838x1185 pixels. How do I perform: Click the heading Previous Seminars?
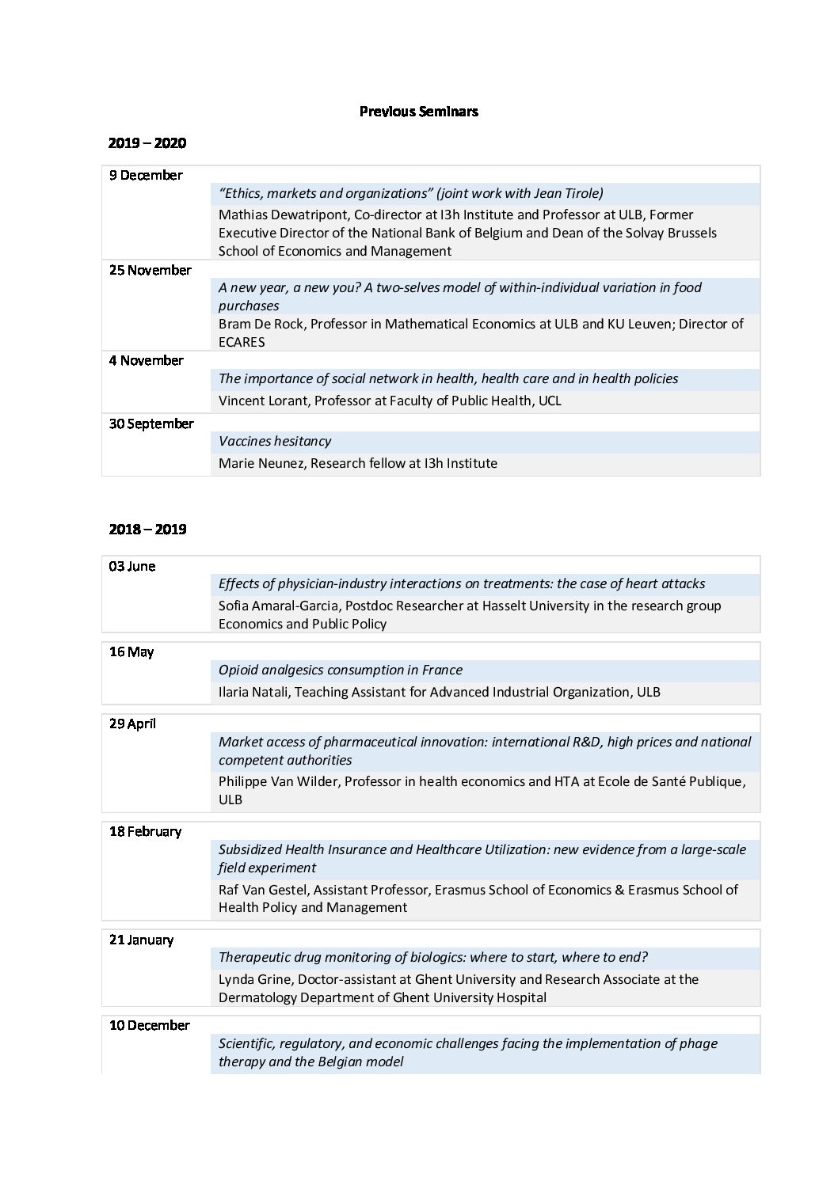[418, 112]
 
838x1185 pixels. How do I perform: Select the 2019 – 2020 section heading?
[147, 143]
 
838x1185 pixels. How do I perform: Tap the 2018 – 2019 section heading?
[147, 529]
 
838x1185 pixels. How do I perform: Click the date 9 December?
[146, 175]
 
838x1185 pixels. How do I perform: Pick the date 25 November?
[150, 270]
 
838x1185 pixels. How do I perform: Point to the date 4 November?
[147, 360]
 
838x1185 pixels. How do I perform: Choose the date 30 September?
[151, 423]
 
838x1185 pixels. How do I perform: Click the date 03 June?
[132, 566]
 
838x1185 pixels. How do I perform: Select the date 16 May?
[131, 651]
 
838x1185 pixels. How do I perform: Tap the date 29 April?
[132, 724]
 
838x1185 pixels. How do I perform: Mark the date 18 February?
[145, 831]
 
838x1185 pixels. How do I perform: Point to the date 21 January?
[141, 940]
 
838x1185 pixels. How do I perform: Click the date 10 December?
[150, 1025]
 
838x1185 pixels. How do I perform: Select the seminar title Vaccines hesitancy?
[275, 441]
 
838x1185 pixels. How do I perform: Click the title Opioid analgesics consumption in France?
[341, 670]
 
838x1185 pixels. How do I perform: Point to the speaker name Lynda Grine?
[255, 979]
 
